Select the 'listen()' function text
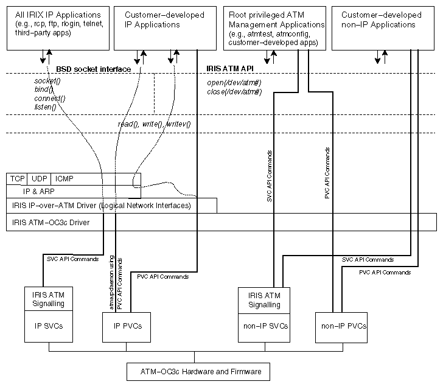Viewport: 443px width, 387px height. click(45, 107)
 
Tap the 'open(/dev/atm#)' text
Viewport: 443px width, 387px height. click(235, 83)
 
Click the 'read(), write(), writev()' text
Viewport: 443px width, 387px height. click(154, 124)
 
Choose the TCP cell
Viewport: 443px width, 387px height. click(16, 179)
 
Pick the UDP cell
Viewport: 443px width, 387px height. click(39, 179)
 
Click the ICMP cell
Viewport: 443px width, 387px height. click(64, 179)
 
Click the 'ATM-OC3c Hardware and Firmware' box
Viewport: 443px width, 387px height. click(197, 371)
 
